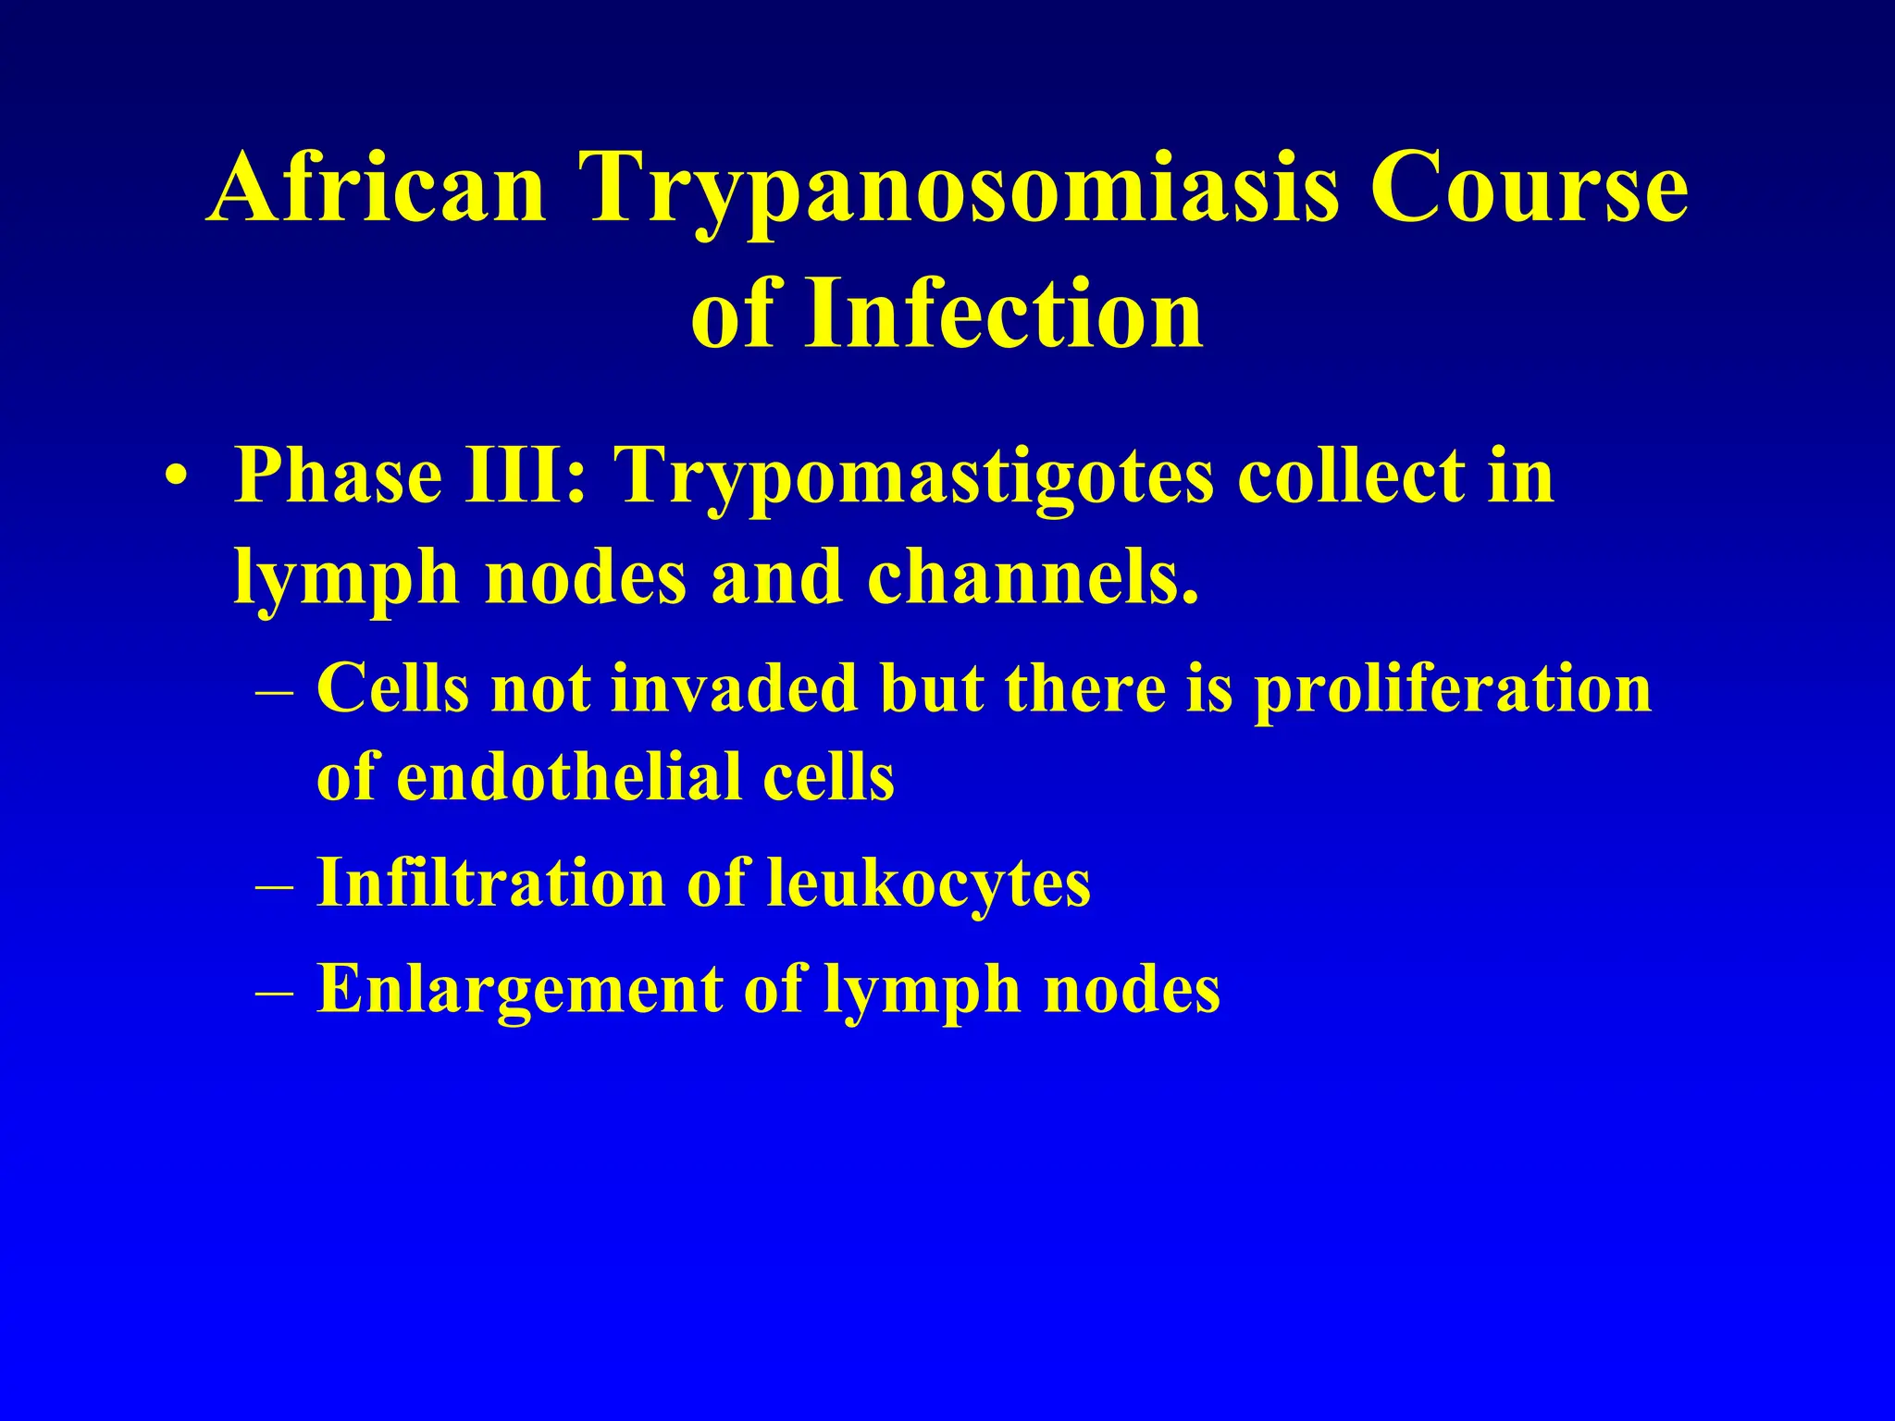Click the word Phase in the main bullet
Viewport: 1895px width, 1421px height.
point(338,476)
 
